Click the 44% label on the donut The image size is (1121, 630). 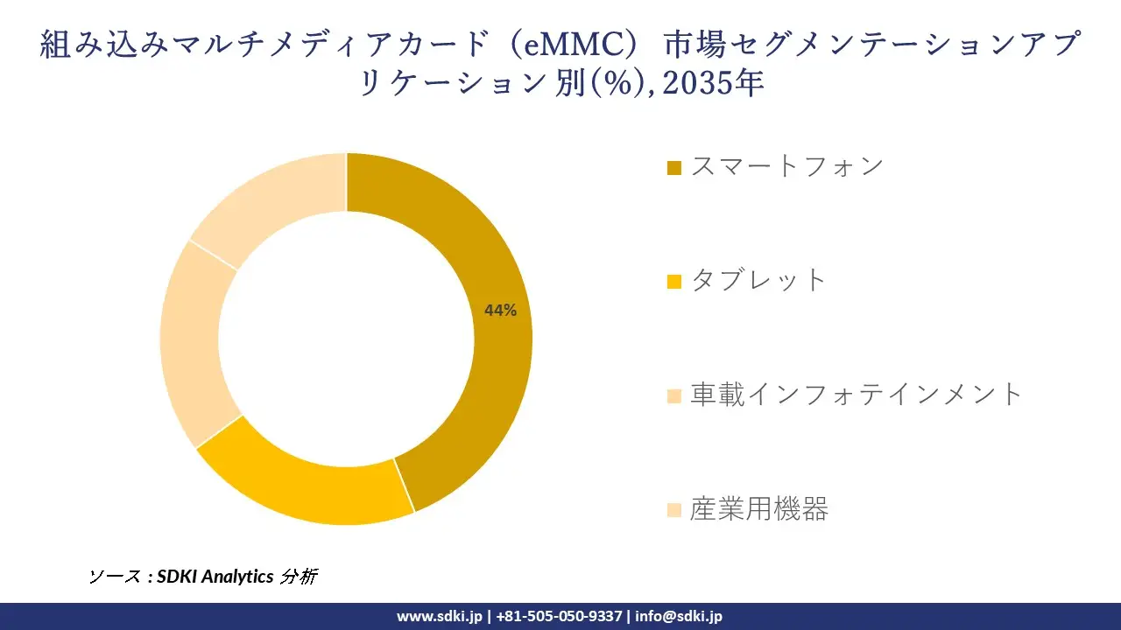[500, 310]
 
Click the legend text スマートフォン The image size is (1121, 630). [787, 166]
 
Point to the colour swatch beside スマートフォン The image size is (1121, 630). [673, 168]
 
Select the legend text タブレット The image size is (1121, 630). [758, 280]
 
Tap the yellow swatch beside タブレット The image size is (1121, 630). [673, 282]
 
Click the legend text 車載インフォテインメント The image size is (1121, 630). [857, 395]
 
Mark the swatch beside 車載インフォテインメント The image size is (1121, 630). [673, 396]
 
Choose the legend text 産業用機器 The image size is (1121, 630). [758, 508]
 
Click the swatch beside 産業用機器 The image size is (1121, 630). [673, 510]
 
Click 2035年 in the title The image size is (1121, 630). [715, 83]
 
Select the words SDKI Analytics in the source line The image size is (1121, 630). [215, 577]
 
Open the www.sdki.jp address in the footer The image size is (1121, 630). [439, 616]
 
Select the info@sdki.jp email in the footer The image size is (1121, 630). [679, 616]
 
